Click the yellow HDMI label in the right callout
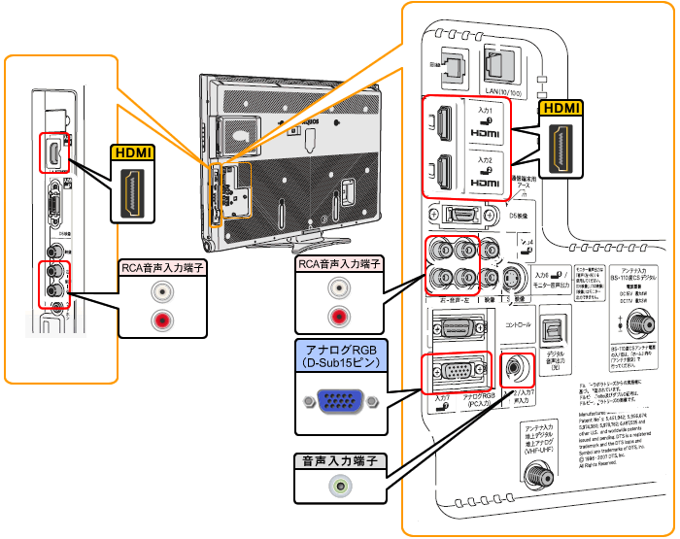[x=562, y=109]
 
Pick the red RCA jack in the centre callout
[x=337, y=316]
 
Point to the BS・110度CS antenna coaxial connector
[x=638, y=326]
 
